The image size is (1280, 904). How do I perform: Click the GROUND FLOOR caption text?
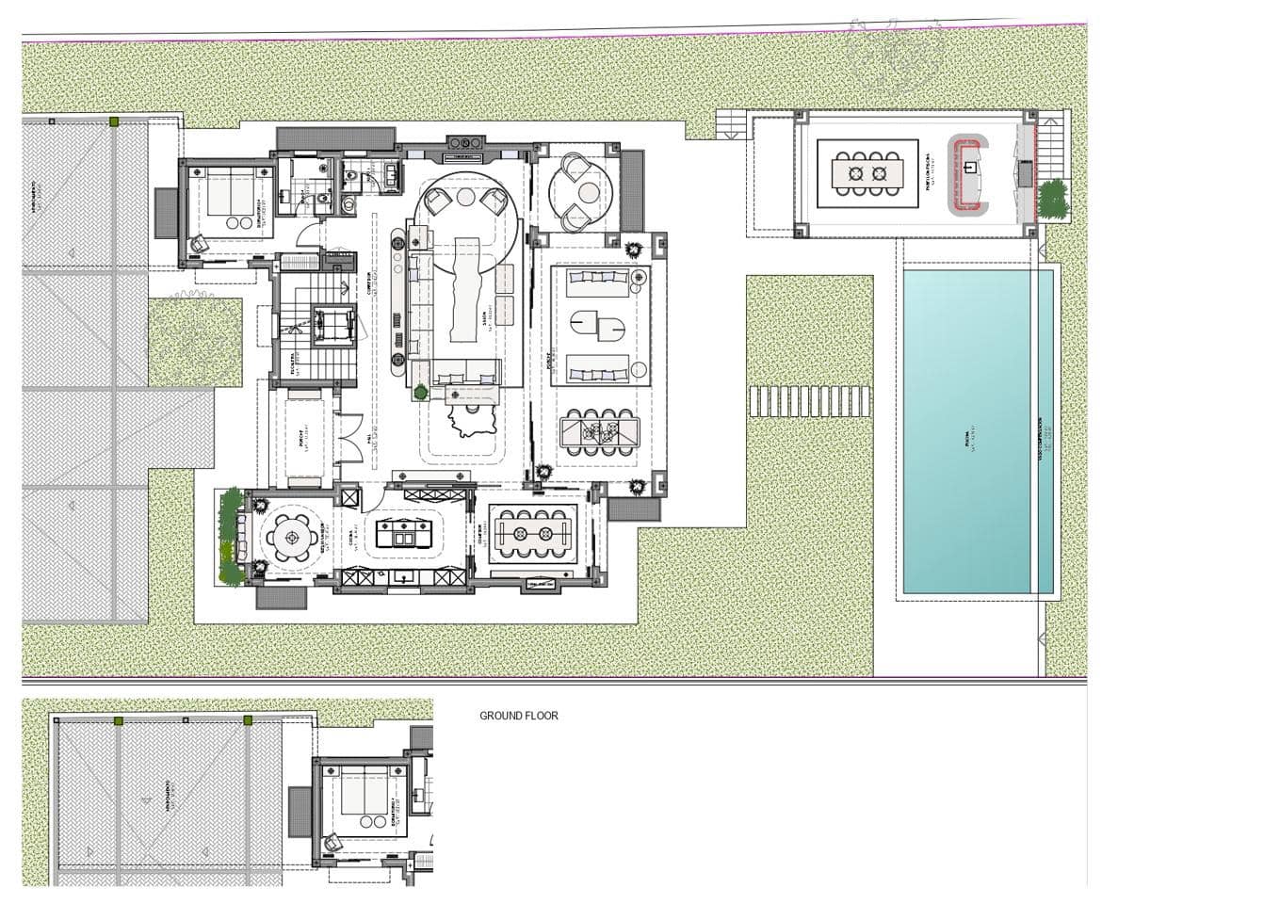click(x=518, y=716)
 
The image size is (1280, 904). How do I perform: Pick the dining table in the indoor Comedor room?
click(x=534, y=534)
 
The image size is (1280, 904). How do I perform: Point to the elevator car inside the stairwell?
click(x=332, y=326)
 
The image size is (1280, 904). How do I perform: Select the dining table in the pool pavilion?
click(x=867, y=173)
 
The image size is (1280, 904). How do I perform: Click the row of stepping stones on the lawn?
click(x=809, y=402)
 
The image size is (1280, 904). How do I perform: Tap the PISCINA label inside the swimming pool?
click(x=969, y=443)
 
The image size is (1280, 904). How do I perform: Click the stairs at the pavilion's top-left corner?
click(x=731, y=124)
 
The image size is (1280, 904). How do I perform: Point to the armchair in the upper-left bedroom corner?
click(x=200, y=243)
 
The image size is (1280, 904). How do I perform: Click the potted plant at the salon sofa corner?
click(x=422, y=392)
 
